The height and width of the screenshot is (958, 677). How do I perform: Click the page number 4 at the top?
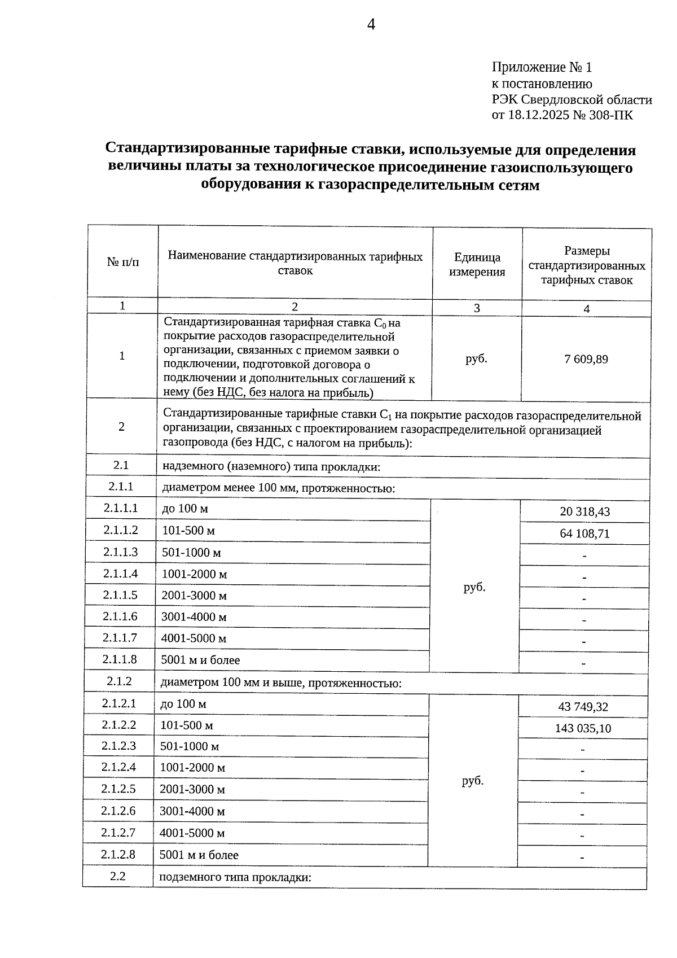click(x=371, y=24)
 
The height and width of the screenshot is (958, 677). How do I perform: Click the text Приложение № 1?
click(x=542, y=68)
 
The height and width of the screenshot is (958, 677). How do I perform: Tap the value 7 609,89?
click(x=586, y=359)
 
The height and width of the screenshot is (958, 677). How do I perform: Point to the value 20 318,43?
click(x=585, y=512)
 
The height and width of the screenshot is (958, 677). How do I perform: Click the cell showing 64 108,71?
click(x=585, y=533)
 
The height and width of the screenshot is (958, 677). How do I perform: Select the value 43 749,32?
click(x=583, y=707)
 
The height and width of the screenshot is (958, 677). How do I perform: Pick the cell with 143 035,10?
click(x=583, y=728)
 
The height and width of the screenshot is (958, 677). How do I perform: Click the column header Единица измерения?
click(x=477, y=264)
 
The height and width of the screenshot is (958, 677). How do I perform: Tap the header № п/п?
click(x=123, y=262)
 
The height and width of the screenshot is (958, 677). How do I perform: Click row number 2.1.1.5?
click(x=120, y=595)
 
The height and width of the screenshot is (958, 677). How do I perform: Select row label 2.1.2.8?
click(x=118, y=855)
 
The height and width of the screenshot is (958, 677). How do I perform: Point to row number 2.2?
click(x=118, y=876)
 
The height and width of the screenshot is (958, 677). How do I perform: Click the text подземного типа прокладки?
click(x=235, y=877)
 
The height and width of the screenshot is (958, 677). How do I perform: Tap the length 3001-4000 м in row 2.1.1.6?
click(x=194, y=617)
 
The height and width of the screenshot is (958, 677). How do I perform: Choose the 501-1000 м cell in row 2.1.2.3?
click(x=190, y=746)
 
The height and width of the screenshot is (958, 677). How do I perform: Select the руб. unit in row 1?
click(x=476, y=359)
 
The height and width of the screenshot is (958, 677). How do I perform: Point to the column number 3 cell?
click(x=477, y=308)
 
